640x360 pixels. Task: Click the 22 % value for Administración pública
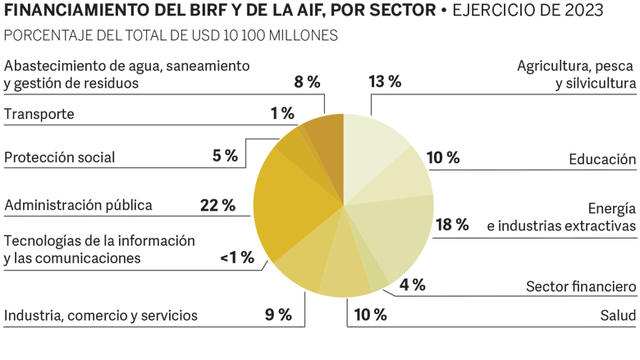[217, 205]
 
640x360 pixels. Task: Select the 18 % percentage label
[451, 224]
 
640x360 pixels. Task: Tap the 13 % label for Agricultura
[385, 81]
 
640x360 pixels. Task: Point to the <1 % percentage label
[237, 258]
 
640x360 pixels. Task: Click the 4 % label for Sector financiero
[412, 285]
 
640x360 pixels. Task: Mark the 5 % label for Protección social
[225, 155]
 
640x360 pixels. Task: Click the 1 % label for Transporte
[282, 113]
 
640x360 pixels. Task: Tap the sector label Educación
[603, 159]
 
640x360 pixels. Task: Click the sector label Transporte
[39, 114]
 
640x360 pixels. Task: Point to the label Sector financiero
[581, 286]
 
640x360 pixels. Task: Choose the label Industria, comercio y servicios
[101, 315]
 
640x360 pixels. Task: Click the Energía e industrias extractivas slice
[398, 230]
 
